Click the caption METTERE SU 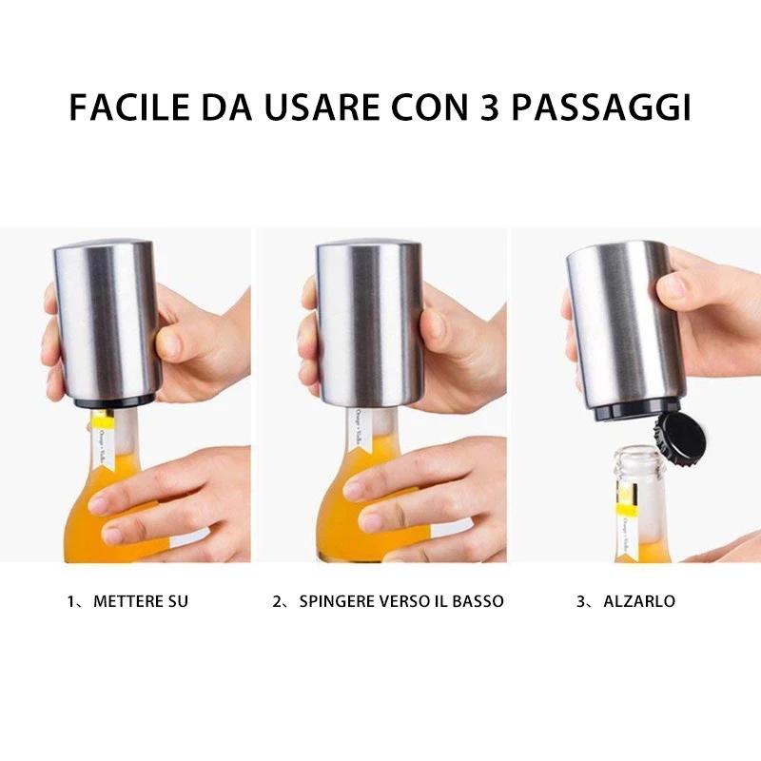pyautogui.click(x=141, y=601)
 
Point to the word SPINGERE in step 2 pyautogui.click(x=335, y=601)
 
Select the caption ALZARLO pyautogui.click(x=639, y=601)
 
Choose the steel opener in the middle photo pyautogui.click(x=369, y=323)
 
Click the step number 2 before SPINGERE pyautogui.click(x=277, y=601)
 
